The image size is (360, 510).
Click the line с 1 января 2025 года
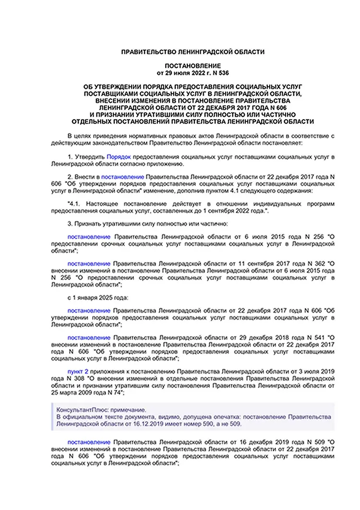[95, 298]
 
